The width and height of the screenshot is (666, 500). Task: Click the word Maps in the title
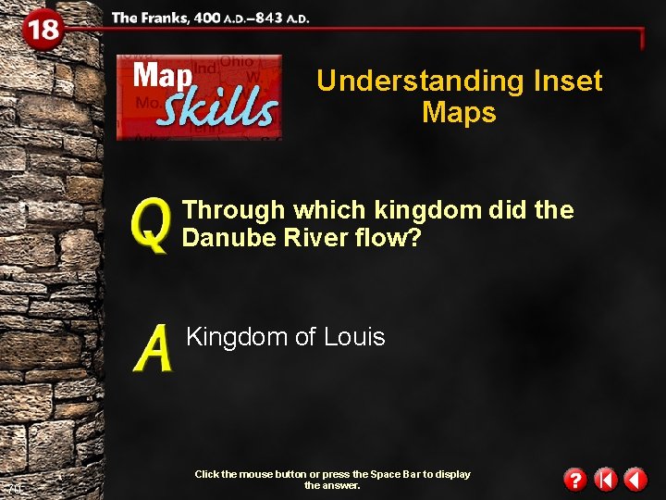459,113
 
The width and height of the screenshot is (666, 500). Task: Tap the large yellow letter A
153,349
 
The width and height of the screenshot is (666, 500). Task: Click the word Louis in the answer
354,337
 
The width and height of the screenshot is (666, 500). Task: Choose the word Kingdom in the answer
237,337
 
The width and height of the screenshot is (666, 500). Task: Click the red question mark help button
574,480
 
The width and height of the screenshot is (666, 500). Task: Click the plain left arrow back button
635,480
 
